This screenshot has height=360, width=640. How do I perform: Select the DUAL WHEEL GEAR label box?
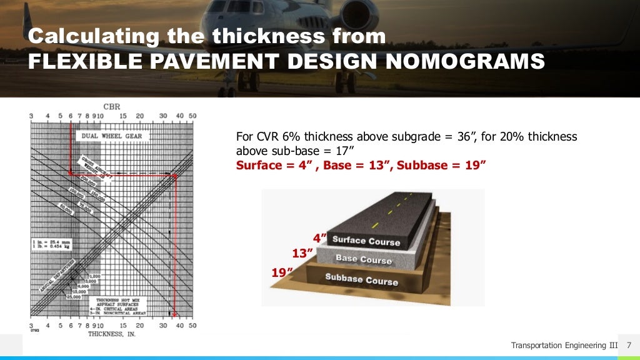coord(109,136)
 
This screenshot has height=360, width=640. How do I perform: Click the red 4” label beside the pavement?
coord(319,237)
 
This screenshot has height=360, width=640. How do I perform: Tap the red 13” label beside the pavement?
coord(301,253)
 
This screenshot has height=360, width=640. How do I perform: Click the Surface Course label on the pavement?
coord(366,240)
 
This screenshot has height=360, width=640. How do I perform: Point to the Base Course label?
coord(363,259)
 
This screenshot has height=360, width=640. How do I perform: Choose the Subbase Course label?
coord(361,279)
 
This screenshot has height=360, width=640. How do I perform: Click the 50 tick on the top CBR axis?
coord(192,116)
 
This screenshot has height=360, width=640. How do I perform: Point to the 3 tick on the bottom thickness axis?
coord(31,326)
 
